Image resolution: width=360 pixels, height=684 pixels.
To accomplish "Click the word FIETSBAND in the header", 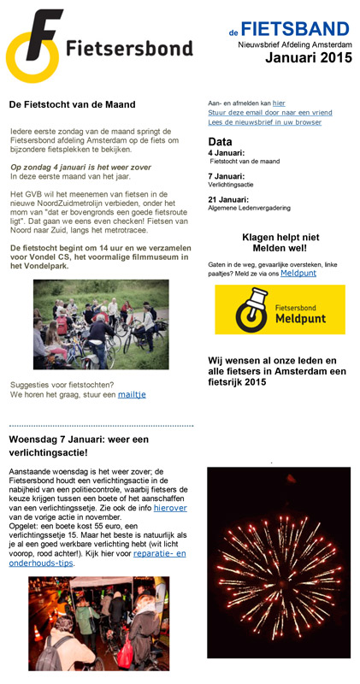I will coord(295,30).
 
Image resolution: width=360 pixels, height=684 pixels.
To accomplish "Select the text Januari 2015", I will coord(307,57).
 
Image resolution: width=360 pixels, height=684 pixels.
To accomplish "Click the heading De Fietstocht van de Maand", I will coord(73,104).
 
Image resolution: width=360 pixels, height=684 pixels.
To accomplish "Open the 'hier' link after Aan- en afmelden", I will coord(279,103).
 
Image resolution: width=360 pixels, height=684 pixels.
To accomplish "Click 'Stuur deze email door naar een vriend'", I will coord(270,112).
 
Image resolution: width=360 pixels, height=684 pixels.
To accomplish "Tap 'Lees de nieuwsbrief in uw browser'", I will coord(264,122).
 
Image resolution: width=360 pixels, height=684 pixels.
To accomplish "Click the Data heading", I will coord(221,141).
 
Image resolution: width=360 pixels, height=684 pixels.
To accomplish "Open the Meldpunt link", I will coord(298,273).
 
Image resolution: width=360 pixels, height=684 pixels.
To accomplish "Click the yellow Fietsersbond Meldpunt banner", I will coord(280,310).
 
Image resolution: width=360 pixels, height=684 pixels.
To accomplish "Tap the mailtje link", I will coord(132,394).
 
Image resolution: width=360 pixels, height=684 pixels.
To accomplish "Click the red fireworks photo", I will coord(279,562).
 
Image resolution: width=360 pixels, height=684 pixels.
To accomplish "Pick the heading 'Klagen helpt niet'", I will coord(280,237).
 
